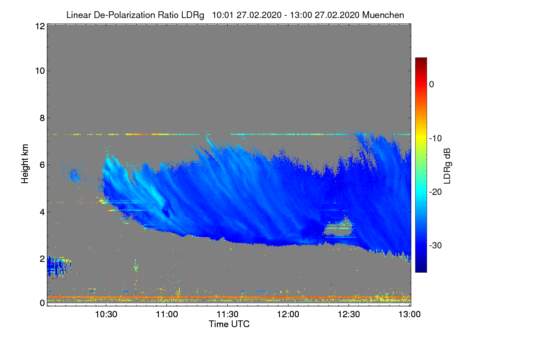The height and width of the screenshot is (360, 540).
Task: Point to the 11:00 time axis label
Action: (166, 315)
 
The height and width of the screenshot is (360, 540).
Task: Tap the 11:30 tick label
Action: (227, 315)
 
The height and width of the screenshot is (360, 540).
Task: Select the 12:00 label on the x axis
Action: (288, 315)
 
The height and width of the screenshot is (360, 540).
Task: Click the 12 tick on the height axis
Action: (39, 26)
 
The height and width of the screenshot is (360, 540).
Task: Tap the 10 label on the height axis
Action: (39, 71)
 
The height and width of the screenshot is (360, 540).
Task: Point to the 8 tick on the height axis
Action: (42, 118)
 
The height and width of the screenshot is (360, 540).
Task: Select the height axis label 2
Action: (42, 259)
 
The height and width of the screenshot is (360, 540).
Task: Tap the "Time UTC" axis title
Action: (229, 324)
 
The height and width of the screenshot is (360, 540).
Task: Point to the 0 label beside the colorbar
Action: (432, 84)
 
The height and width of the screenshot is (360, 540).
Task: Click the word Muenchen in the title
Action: (383, 15)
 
